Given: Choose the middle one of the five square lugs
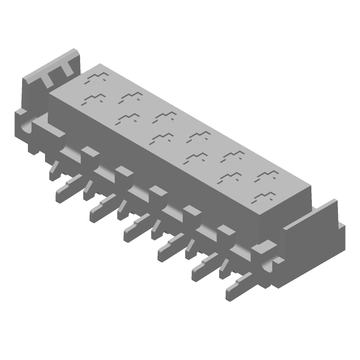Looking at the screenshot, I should coord(157,191).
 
